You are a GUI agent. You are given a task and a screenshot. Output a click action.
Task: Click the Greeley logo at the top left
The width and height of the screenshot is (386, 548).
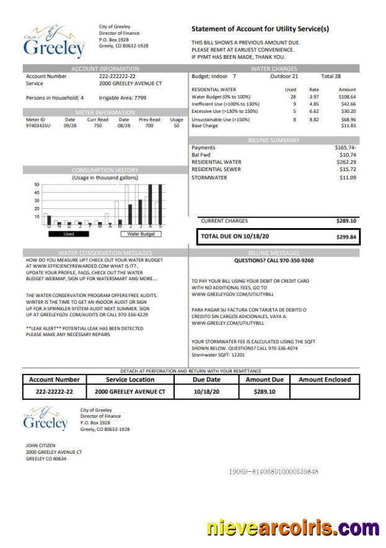tap(54, 42)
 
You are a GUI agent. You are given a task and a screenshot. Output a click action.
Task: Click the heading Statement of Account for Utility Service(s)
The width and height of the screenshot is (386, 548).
tap(260, 29)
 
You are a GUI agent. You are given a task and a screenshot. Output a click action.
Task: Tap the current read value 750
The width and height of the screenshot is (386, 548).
tap(97, 125)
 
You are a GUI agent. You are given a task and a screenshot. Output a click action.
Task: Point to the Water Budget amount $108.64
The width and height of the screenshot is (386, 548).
tap(347, 97)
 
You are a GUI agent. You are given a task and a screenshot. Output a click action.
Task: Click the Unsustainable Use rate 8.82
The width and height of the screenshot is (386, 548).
tap(314, 119)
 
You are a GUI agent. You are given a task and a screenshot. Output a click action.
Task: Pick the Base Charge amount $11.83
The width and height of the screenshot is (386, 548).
tap(349, 125)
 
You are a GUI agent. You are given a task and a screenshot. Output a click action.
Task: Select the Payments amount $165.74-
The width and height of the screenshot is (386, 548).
tap(346, 148)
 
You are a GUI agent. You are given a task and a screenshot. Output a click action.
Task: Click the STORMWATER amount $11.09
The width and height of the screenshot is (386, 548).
tap(348, 178)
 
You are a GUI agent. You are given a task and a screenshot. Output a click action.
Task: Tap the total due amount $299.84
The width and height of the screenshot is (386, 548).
tap(346, 237)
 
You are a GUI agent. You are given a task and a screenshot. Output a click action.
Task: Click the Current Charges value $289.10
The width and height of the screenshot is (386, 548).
tap(346, 221)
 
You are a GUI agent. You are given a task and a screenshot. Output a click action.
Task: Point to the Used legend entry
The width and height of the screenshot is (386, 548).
tap(68, 234)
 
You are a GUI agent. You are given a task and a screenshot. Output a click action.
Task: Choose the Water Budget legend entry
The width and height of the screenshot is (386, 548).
tap(141, 234)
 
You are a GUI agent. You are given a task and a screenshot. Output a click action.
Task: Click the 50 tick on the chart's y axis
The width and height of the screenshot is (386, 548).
tap(37, 185)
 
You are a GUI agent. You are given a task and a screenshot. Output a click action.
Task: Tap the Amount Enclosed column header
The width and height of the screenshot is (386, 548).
tap(325, 379)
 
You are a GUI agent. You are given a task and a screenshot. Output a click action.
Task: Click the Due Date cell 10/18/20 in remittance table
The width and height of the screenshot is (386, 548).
tap(206, 392)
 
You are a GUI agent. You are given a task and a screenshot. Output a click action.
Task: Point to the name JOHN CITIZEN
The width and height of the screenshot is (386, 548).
tap(40, 445)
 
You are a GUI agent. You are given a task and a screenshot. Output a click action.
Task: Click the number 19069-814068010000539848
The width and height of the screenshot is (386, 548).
tap(273, 472)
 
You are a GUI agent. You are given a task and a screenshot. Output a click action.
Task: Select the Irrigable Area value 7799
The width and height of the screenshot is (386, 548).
tap(140, 98)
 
